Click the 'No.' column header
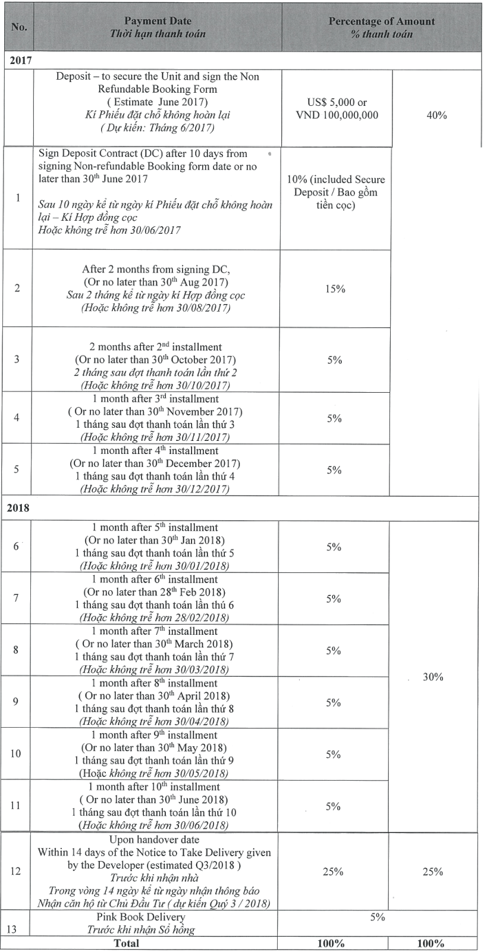[x=19, y=27]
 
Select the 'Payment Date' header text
[x=158, y=21]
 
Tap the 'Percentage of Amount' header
[x=382, y=21]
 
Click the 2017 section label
[x=21, y=60]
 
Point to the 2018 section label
[x=18, y=508]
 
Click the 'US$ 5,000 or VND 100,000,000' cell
[x=337, y=109]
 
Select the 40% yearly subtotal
[x=436, y=115]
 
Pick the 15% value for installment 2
[x=335, y=289]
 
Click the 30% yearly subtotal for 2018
[x=433, y=677]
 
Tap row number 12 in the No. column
[x=15, y=871]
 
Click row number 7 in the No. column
[x=15, y=598]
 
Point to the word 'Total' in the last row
[x=127, y=944]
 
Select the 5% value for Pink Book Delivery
[x=378, y=917]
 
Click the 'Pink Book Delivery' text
[x=140, y=917]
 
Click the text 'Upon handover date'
[x=154, y=840]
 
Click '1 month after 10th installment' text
[x=154, y=787]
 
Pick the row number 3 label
[x=17, y=359]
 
